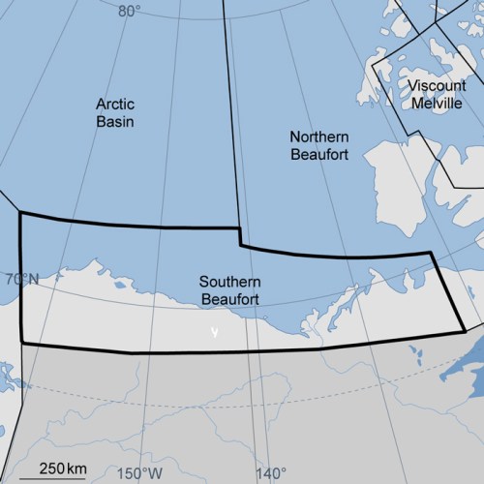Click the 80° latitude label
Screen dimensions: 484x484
[129, 12]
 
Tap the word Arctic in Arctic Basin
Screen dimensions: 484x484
[114, 105]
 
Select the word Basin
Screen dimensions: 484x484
[114, 122]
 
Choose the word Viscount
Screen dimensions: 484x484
[437, 85]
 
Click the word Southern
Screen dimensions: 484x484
[229, 282]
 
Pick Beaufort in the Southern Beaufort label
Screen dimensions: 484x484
[229, 299]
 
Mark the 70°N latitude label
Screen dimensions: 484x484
[20, 281]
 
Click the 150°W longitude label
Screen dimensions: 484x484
[139, 473]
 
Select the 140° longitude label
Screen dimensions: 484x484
[270, 473]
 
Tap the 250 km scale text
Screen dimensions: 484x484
[59, 469]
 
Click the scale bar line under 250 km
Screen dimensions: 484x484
[59, 477]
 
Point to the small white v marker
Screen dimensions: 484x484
[215, 332]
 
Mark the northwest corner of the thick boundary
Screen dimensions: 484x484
[20, 213]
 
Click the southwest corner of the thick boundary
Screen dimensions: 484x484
[21, 343]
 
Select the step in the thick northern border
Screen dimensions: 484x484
[240, 238]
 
